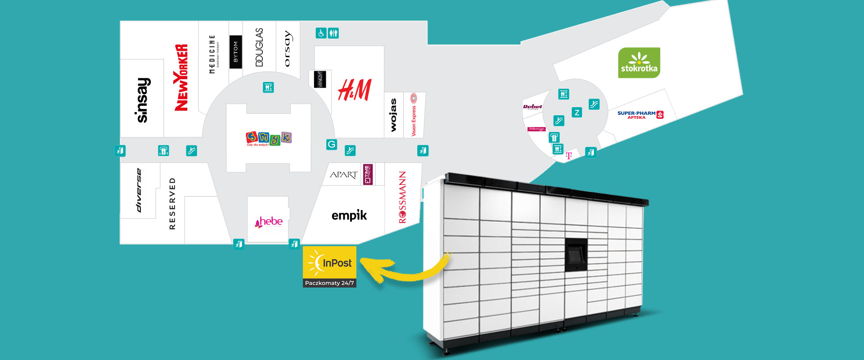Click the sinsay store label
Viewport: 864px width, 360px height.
143,100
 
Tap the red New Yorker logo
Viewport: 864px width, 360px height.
181,77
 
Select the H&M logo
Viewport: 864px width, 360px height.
355,90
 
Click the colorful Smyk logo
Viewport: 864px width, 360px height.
269,138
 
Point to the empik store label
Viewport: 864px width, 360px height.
349,216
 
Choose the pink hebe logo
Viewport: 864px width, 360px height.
269,221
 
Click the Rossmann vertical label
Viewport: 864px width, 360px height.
402,197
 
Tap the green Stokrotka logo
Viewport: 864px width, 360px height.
639,63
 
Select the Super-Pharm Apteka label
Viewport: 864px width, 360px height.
640,115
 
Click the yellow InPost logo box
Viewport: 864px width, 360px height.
329,263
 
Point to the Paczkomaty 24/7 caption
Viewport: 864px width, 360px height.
329,283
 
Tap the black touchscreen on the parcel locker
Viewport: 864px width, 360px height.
576,255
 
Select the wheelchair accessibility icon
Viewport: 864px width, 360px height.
321,33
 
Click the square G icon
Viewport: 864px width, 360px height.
332,144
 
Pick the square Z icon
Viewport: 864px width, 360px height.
576,112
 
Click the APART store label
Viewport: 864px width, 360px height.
343,175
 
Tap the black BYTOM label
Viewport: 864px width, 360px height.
235,52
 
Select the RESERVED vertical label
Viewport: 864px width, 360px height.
172,203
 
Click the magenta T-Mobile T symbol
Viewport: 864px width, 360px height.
569,156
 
